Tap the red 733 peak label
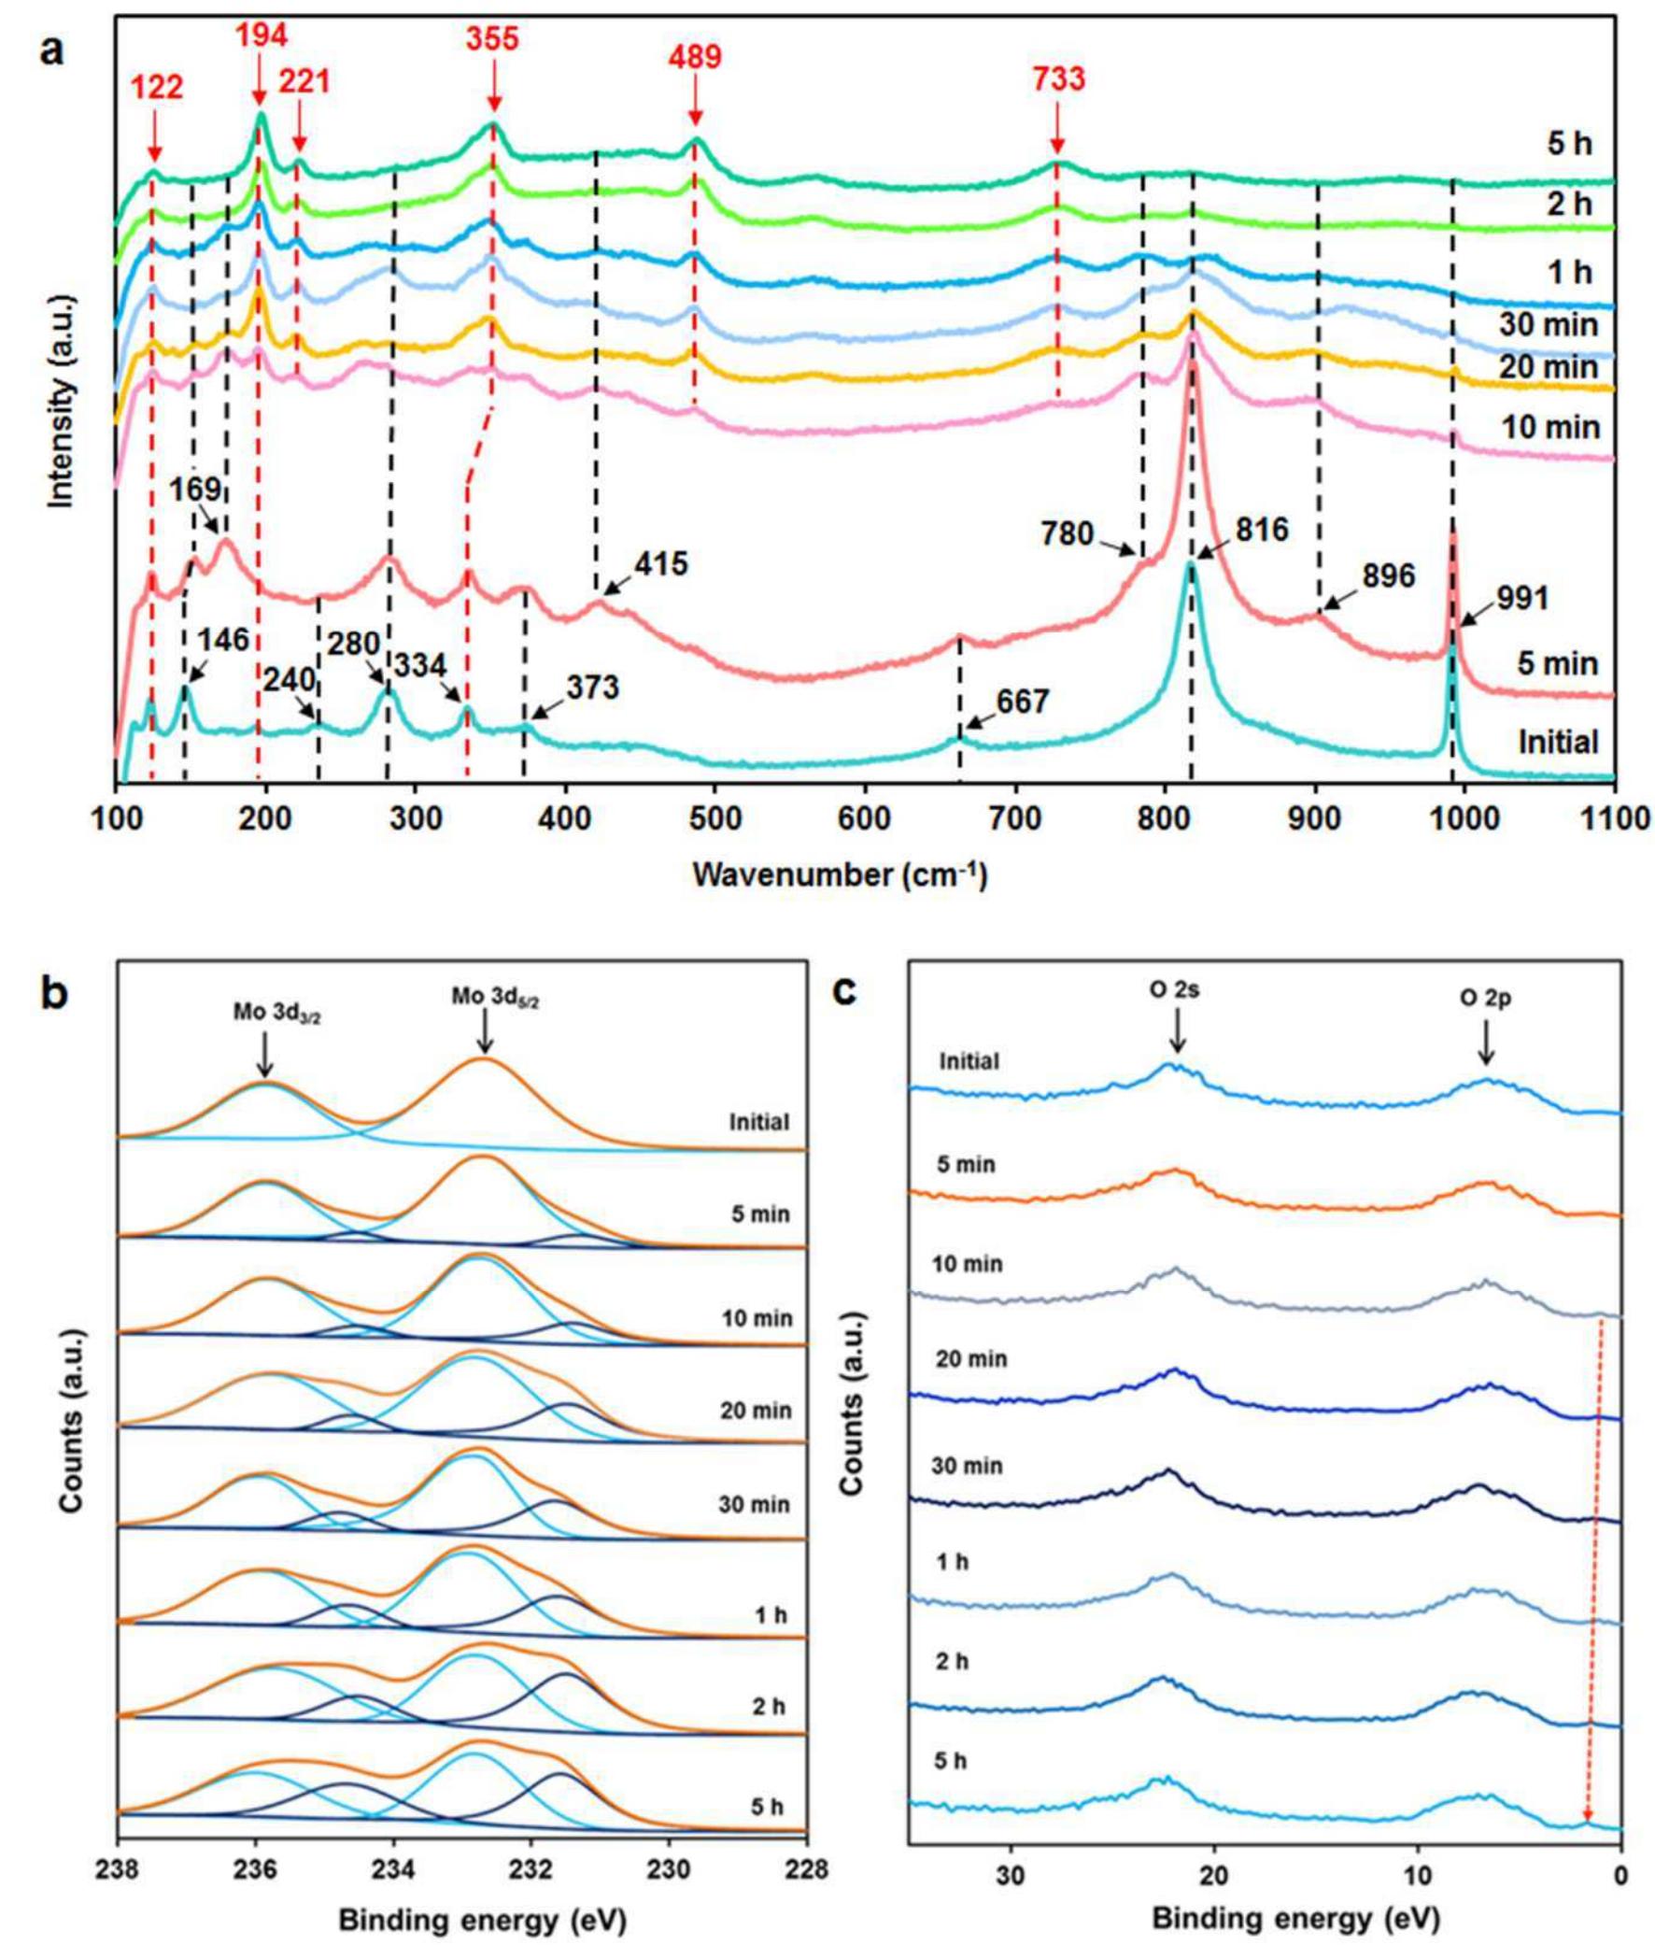point(1059,79)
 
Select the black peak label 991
point(1521,597)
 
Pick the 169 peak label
point(195,489)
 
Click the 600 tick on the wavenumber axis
point(864,818)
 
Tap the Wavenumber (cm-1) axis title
point(840,875)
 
